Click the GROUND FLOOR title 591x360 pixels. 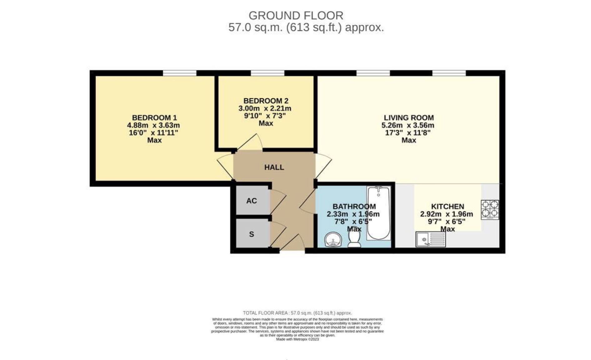(295, 15)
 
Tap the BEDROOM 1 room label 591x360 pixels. (154, 118)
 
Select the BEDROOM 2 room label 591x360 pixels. (266, 101)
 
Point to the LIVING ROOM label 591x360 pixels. (409, 118)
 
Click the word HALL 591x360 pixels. (274, 167)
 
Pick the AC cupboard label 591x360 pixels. (251, 201)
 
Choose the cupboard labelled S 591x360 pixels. (251, 234)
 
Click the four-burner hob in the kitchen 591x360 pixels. (489, 209)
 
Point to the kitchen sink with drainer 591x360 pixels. (430, 240)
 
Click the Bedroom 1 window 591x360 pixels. (180, 73)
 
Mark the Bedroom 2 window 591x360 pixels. (267, 73)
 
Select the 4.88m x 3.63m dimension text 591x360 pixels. (153, 125)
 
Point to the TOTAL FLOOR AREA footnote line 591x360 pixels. (297, 313)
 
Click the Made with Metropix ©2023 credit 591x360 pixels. (297, 339)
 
